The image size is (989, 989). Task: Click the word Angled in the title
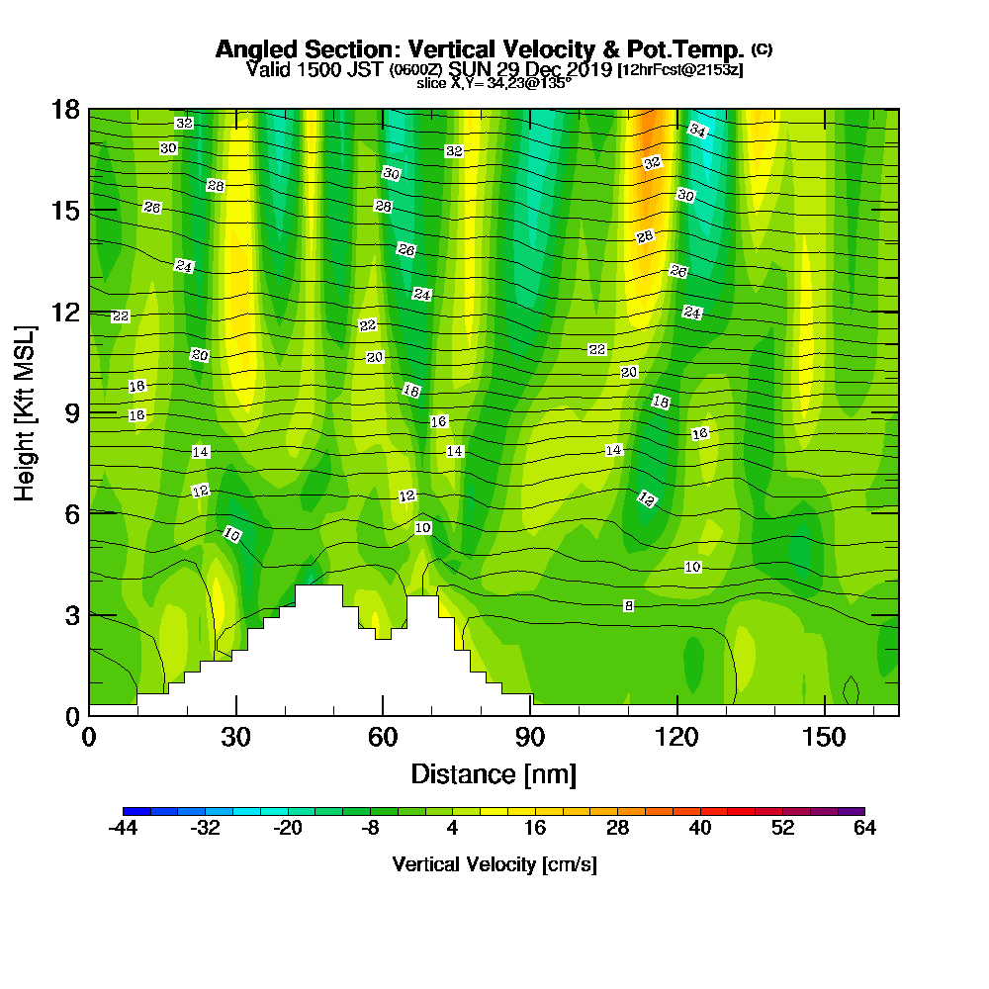(x=257, y=49)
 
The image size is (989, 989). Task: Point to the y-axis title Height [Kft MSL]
(x=25, y=413)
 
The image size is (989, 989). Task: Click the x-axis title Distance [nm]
(x=494, y=774)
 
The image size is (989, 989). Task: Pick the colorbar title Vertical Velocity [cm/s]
(x=494, y=864)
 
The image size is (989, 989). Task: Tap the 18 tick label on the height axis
(x=65, y=110)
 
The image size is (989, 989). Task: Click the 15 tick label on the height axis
(x=65, y=211)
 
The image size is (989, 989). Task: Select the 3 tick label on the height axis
(x=72, y=615)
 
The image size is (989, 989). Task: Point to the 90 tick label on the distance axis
(x=530, y=737)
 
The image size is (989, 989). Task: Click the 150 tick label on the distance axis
(x=824, y=737)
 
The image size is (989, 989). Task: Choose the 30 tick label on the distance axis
(x=236, y=737)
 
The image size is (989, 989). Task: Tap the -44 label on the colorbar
(x=123, y=828)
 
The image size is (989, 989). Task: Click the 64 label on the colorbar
(x=864, y=828)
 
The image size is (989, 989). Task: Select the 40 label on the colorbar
(x=700, y=828)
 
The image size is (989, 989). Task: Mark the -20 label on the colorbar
(x=288, y=828)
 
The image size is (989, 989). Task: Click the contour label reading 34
(x=697, y=130)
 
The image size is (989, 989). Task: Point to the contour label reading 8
(x=628, y=605)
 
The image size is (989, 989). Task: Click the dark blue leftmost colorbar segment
(x=136, y=811)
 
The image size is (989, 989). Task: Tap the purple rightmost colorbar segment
(x=852, y=811)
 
